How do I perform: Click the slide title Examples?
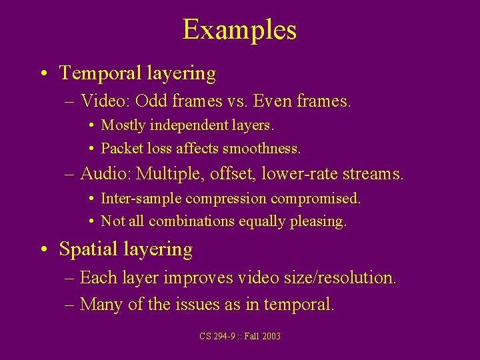coord(239,30)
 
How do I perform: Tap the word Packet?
coord(121,148)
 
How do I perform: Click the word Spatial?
coord(88,249)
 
